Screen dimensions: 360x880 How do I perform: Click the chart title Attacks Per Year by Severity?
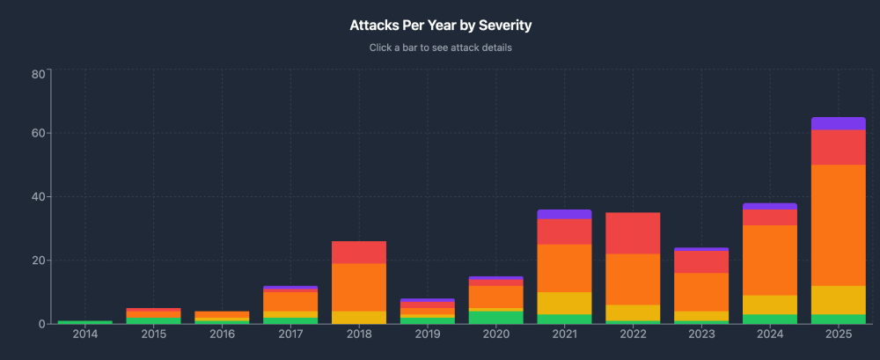[440, 26]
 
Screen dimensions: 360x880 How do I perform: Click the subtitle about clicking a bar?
[440, 48]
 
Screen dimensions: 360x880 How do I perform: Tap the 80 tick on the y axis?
[38, 74]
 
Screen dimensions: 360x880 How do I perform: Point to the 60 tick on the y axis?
[38, 134]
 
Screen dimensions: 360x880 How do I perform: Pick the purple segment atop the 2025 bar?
[838, 123]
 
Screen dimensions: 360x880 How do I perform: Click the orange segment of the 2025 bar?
[838, 224]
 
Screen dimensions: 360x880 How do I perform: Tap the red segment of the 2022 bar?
[633, 233]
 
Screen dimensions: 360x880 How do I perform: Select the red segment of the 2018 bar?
[359, 252]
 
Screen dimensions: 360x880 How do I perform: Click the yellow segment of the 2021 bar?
[564, 303]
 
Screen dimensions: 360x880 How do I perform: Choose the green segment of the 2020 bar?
[495, 317]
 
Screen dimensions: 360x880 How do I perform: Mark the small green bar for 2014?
[85, 322]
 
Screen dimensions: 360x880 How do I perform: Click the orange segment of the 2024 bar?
[769, 260]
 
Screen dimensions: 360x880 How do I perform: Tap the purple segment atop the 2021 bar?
[564, 214]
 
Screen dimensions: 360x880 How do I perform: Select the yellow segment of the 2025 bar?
[838, 299]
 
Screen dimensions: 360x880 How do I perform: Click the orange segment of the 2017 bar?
[290, 301]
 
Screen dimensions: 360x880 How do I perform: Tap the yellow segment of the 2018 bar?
[359, 317]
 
